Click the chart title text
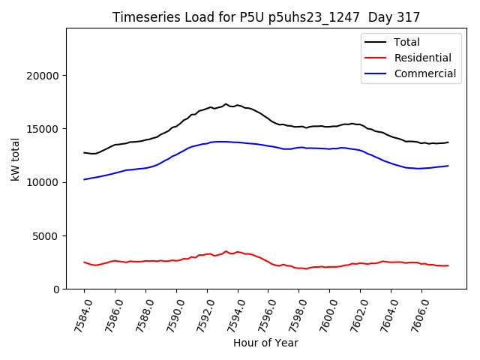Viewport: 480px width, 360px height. pyautogui.click(x=266, y=16)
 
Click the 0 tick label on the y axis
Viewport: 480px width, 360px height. pyautogui.click(x=56, y=289)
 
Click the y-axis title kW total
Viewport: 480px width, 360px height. pyautogui.click(x=16, y=158)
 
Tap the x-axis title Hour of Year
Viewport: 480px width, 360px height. pyautogui.click(x=265, y=343)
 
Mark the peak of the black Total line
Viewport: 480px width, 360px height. pyautogui.click(x=226, y=104)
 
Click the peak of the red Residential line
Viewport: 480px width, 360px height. pyautogui.click(x=226, y=251)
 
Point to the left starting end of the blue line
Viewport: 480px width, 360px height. pyautogui.click(x=84, y=179)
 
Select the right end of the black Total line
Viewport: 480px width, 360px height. pyautogui.click(x=448, y=142)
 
